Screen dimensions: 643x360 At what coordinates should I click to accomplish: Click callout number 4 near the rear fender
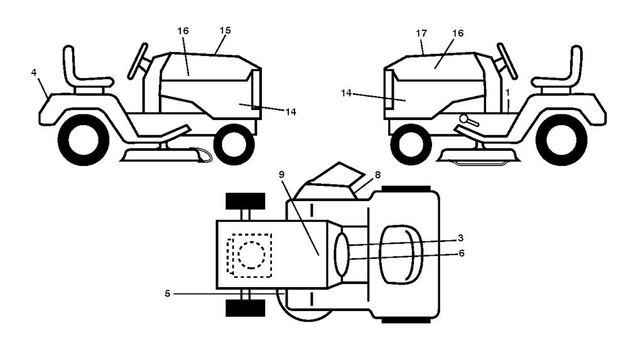[x=34, y=73]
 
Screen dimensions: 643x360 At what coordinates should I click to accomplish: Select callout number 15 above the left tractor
[x=225, y=30]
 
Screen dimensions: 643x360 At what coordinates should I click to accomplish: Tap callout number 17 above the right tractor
[x=421, y=33]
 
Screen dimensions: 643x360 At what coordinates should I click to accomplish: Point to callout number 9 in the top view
[x=281, y=175]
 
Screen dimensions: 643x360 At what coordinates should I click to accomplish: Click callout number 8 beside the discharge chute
[x=377, y=175]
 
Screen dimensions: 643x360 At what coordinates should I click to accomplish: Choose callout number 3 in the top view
[x=460, y=238]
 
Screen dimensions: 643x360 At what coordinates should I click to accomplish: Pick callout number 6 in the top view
[x=462, y=253]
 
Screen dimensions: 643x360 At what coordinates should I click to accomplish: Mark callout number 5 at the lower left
[x=167, y=293]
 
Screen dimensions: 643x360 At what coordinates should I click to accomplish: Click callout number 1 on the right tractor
[x=507, y=93]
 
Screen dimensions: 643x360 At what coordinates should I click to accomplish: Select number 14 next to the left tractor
[x=291, y=112]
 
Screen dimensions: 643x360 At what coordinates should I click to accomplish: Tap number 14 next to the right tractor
[x=347, y=93]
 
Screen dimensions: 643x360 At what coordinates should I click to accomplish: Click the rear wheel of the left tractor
[x=84, y=140]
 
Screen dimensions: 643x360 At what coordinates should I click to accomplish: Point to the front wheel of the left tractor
[x=234, y=145]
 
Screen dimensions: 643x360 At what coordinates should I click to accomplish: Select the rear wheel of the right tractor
[x=561, y=140]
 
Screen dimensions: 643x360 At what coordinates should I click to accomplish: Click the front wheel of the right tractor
[x=411, y=145]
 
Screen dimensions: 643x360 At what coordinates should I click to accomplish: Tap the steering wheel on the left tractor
[x=138, y=61]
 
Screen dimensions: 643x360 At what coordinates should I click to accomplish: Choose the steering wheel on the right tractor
[x=507, y=61]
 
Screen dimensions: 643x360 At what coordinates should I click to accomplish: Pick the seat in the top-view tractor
[x=401, y=254]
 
